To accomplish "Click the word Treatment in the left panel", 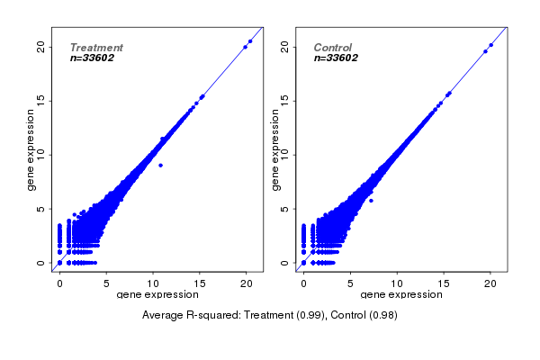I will [96, 48].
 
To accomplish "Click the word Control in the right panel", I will [332, 48].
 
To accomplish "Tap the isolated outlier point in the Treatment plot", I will [160, 166].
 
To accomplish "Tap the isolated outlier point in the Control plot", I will [371, 201].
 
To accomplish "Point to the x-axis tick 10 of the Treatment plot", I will [153, 284].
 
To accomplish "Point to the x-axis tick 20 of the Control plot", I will [490, 284].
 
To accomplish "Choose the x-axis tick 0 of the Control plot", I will [303, 284].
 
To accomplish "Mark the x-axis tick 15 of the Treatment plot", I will [200, 284].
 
